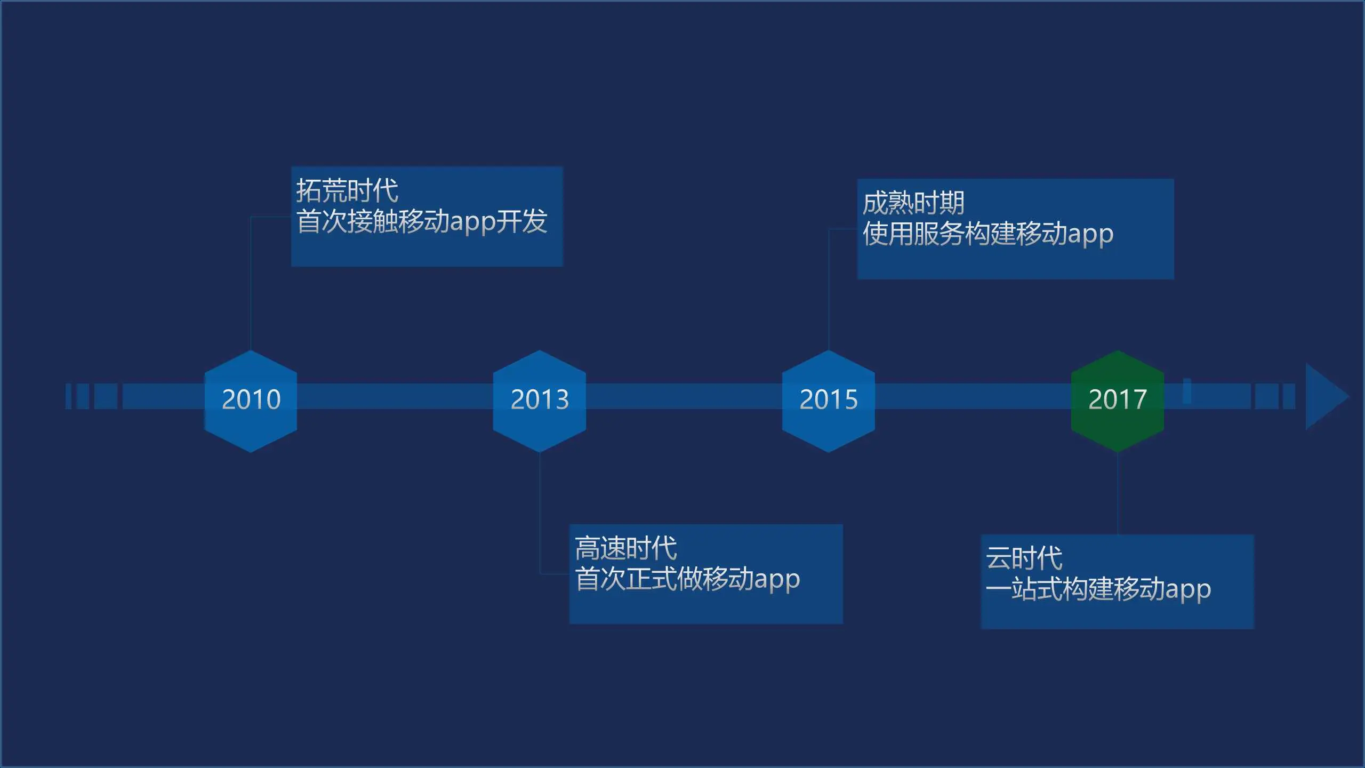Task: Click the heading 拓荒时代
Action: (x=347, y=191)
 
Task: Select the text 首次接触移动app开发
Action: (x=422, y=221)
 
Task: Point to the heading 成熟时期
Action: (x=913, y=203)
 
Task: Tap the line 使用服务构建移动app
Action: (x=988, y=234)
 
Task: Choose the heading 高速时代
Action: (x=626, y=548)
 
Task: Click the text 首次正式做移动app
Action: (x=687, y=579)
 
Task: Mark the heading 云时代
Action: (x=1024, y=558)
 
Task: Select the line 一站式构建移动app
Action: (x=1098, y=589)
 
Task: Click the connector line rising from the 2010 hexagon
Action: (x=251, y=283)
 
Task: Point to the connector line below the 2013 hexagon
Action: (x=540, y=512)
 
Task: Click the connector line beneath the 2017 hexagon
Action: (x=1118, y=493)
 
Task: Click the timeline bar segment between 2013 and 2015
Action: (x=684, y=396)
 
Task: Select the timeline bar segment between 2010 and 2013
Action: (x=395, y=396)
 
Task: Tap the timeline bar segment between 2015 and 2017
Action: (x=973, y=396)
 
